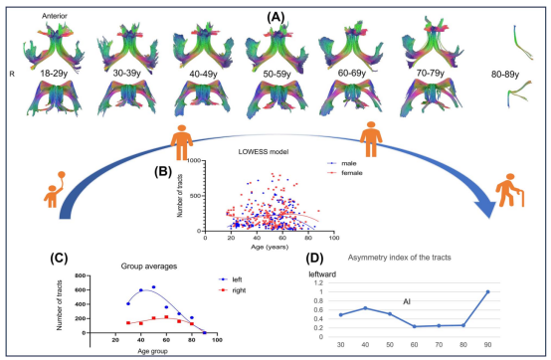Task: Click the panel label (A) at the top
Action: (275, 15)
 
